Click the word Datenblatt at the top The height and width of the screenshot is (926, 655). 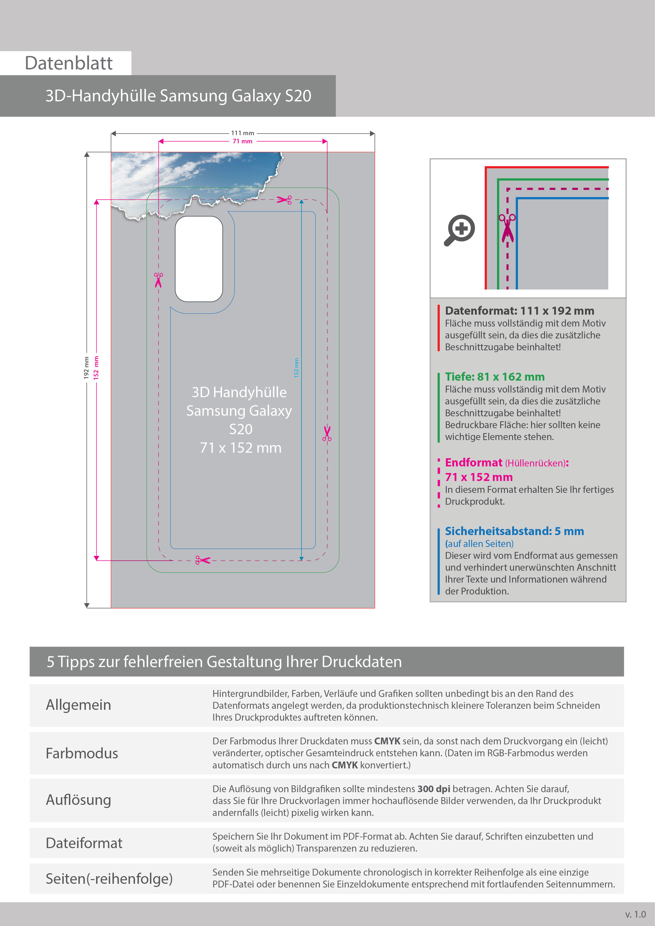click(69, 63)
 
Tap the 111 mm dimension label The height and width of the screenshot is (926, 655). click(242, 133)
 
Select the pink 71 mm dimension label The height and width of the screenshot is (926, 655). click(242, 141)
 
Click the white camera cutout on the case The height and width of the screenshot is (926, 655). click(199, 259)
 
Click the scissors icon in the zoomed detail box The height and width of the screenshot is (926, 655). click(507, 228)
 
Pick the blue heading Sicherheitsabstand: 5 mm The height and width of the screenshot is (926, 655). click(514, 531)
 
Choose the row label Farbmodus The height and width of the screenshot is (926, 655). click(82, 753)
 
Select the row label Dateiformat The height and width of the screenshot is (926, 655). click(84, 843)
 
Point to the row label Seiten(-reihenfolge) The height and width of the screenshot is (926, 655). click(109, 878)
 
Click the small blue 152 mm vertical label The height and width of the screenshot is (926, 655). click(296, 368)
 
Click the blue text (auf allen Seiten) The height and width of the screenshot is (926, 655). click(479, 544)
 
